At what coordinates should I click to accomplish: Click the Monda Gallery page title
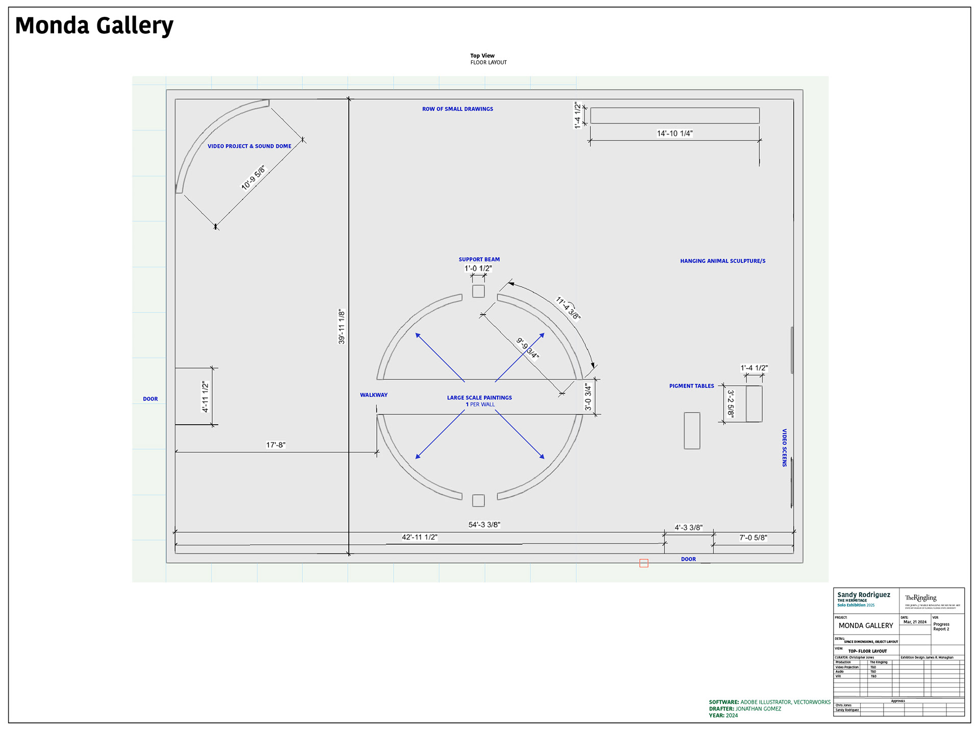(x=94, y=25)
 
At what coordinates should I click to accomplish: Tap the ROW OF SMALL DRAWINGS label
(x=457, y=109)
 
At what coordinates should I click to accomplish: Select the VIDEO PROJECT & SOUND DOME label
(x=249, y=146)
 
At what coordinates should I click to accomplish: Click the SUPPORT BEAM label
(x=479, y=259)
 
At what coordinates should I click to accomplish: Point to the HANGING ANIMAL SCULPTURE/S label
(x=723, y=261)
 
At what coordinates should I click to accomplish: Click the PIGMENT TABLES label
(x=691, y=386)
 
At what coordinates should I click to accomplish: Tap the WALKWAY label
(x=374, y=395)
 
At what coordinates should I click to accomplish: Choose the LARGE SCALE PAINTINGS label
(x=479, y=398)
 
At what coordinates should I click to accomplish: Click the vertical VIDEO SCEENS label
(x=785, y=448)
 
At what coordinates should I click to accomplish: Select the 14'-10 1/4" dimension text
(x=675, y=134)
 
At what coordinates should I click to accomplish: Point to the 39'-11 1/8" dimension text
(x=342, y=326)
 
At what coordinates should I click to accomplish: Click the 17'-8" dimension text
(x=276, y=445)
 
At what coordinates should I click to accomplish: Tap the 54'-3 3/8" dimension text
(x=484, y=525)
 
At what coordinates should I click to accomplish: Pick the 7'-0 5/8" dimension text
(x=753, y=538)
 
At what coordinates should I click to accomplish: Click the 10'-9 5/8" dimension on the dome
(x=253, y=177)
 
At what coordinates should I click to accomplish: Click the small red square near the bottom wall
(x=644, y=563)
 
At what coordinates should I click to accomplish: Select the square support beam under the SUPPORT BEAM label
(x=478, y=291)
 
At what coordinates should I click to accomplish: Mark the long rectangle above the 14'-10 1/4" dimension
(x=675, y=116)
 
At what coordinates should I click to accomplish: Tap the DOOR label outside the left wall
(x=150, y=399)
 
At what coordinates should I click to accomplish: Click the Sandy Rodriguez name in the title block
(x=864, y=595)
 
